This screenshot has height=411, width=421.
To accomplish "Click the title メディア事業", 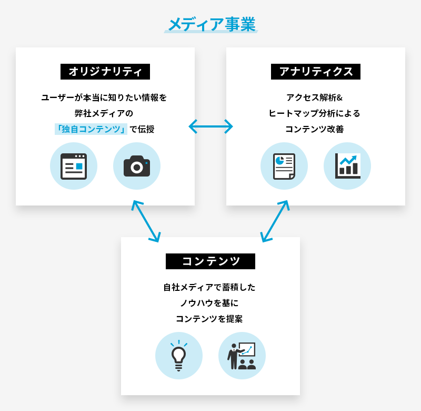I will [210, 25].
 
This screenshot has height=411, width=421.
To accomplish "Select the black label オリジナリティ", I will [105, 71].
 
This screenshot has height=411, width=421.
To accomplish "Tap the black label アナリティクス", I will [316, 71].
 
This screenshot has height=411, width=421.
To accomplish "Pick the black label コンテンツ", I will [210, 261].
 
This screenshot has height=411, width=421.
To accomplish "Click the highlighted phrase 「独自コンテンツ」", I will [91, 129].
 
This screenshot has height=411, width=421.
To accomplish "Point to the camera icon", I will [137, 166].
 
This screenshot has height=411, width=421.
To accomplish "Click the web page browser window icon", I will [74, 166].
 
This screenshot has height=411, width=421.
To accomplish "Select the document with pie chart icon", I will [284, 166].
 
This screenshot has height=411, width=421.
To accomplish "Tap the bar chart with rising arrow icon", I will [347, 166].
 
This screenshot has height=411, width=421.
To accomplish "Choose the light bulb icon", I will [179, 356].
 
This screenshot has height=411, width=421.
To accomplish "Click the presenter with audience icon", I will [242, 356].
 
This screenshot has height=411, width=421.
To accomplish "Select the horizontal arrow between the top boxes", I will [210, 126].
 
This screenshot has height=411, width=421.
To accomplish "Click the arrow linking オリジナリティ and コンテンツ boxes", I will [146, 221].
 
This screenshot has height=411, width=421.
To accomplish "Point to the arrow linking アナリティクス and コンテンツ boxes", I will [275, 221].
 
